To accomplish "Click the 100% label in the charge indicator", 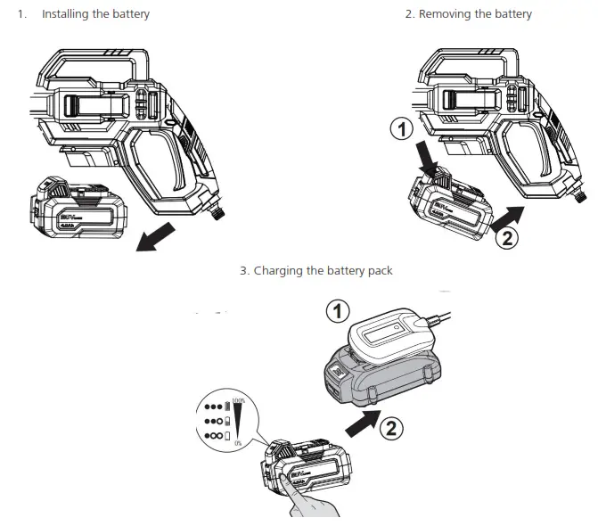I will [x=239, y=402].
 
